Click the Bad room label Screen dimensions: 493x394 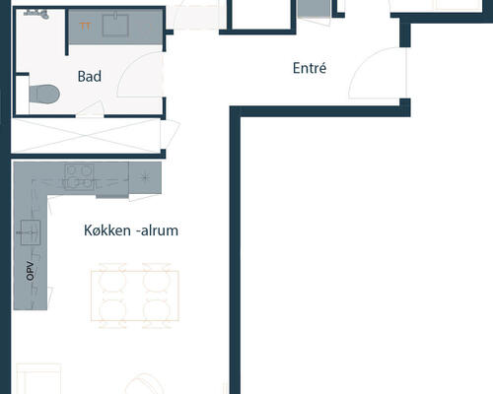[90, 77]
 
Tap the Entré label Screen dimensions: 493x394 [310, 68]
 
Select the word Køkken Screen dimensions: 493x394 [107, 230]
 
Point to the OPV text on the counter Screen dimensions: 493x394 [30, 271]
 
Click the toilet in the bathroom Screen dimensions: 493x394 [44, 95]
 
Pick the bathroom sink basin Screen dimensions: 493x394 [115, 24]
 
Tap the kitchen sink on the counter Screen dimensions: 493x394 [31, 232]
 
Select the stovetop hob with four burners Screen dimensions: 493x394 [79, 176]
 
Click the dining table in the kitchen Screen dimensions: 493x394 [135, 295]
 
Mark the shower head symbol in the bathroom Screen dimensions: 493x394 [36, 14]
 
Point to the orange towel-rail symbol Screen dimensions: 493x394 [85, 27]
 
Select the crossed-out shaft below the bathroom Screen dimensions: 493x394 [86, 136]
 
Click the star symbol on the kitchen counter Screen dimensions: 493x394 [144, 177]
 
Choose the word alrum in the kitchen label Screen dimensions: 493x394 [160, 230]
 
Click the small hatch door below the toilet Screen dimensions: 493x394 [91, 109]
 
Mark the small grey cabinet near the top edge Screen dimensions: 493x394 [314, 8]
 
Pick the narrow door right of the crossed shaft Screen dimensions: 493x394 [170, 135]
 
